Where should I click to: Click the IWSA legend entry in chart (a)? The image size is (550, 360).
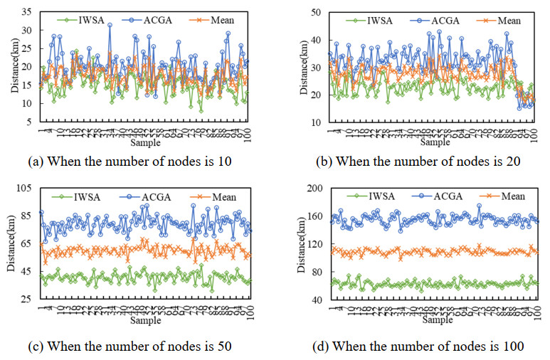[x=87, y=19]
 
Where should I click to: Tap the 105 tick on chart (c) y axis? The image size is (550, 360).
[x=25, y=188]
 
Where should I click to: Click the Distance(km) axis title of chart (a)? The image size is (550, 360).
[x=10, y=67]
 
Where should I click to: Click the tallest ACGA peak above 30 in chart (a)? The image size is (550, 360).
[x=110, y=25]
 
